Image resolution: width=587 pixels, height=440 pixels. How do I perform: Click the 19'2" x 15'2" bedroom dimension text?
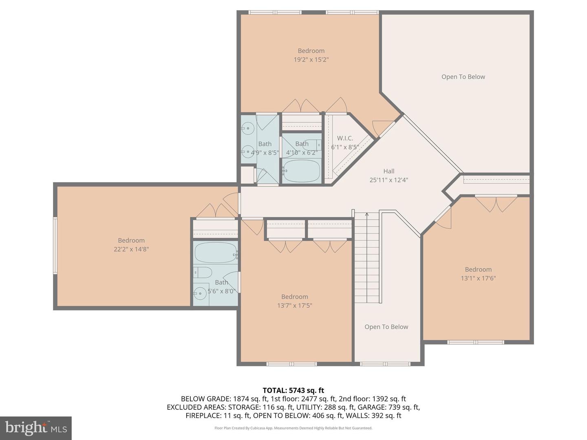[311, 59]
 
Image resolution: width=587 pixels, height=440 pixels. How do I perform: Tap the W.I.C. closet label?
[345, 139]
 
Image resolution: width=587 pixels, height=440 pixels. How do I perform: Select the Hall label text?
[388, 171]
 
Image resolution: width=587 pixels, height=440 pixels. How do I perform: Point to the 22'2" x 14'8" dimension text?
[131, 249]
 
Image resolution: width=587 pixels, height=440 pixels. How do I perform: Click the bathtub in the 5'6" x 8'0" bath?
[215, 253]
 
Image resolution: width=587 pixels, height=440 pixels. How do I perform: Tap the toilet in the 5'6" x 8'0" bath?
[202, 272]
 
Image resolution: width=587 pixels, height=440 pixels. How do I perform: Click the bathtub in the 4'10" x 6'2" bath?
[302, 171]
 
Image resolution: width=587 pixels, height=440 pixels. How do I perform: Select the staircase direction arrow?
[367, 216]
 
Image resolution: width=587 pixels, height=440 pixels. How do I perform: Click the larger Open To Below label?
[463, 77]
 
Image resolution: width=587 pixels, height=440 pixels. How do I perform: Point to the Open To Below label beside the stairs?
[386, 327]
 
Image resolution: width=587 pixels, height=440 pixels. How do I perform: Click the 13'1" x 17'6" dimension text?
[478, 278]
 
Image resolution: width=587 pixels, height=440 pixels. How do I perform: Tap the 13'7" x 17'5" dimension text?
[294, 306]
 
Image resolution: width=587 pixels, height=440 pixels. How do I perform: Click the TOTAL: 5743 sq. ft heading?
[293, 390]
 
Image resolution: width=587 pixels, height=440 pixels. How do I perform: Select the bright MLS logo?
[36, 428]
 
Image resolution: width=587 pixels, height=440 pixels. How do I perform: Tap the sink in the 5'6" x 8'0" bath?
[200, 293]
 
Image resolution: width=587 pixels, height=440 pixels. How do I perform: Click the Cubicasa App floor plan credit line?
[293, 428]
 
